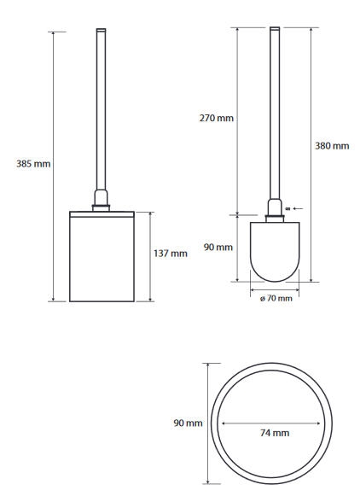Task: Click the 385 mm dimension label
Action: (33, 164)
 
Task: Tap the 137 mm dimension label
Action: (171, 254)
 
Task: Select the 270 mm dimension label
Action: (217, 118)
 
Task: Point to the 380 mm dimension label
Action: (332, 146)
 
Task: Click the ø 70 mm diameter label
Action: (276, 299)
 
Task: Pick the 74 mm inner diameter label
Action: (275, 433)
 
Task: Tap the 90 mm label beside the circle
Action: (188, 423)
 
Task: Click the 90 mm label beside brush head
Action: (218, 248)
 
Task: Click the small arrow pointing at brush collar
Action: (298, 208)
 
